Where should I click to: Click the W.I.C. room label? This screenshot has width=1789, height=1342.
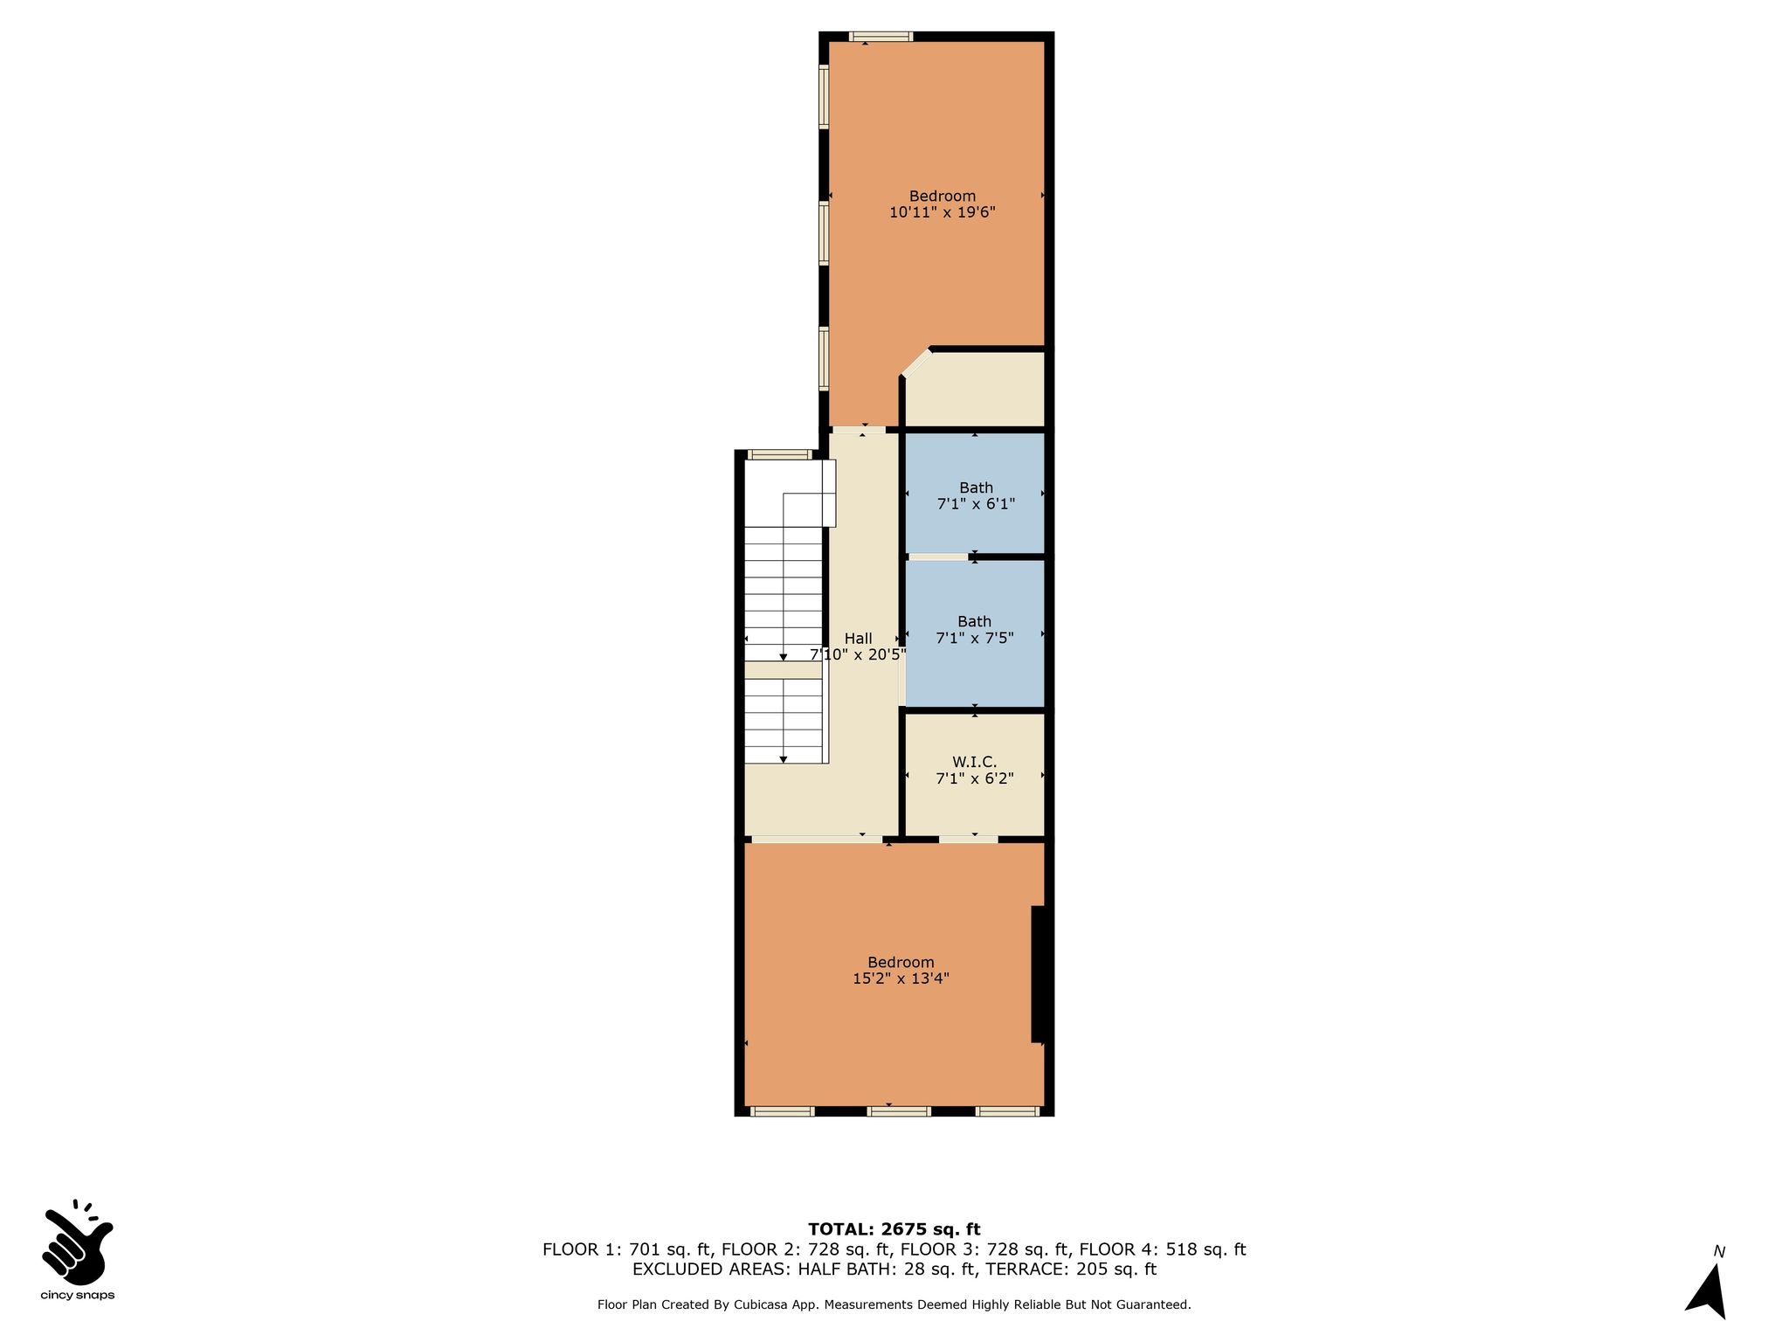point(974,762)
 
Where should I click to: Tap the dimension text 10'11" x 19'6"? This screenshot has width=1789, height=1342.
point(943,212)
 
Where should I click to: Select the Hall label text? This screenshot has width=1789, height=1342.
point(858,639)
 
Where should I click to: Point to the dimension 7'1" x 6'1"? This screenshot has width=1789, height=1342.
point(976,504)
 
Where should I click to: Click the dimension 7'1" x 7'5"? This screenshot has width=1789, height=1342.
point(974,639)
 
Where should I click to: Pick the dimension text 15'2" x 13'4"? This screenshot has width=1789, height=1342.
point(901,979)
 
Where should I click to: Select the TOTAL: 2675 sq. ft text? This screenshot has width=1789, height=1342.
point(894,1229)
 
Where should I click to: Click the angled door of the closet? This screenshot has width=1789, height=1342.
point(916,363)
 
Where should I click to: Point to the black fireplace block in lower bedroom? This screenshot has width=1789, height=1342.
point(1039,974)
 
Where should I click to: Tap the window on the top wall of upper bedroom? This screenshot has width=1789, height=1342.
point(881,37)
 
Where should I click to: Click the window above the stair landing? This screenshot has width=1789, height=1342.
point(780,454)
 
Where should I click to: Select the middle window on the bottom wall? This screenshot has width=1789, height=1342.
point(899,1111)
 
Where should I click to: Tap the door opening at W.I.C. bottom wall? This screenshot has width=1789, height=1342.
point(968,840)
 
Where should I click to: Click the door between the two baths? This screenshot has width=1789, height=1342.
point(938,557)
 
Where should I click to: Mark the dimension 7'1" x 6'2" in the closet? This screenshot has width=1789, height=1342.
point(974,778)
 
